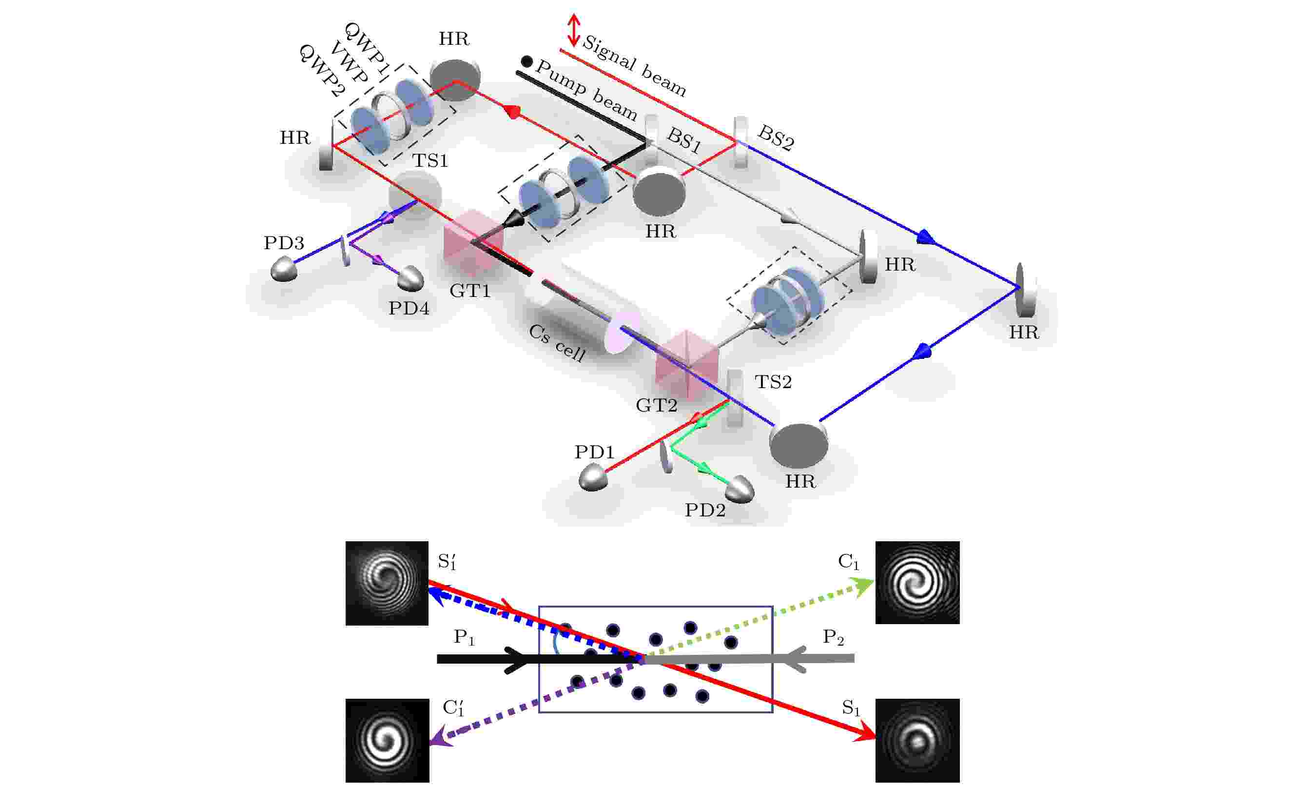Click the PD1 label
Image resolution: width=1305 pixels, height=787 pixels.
(x=594, y=452)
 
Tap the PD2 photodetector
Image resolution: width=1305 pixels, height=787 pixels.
(x=740, y=490)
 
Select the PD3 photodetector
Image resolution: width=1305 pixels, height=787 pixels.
(x=284, y=269)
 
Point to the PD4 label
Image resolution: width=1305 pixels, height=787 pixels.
(x=409, y=308)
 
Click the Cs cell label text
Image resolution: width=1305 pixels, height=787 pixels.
(x=557, y=343)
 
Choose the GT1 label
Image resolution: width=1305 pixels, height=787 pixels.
(x=470, y=290)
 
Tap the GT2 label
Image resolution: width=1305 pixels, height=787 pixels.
(x=656, y=405)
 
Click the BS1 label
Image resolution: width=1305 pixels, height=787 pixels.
(x=684, y=140)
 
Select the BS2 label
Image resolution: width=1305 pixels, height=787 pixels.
(x=776, y=138)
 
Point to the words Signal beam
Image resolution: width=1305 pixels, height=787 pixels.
(x=634, y=66)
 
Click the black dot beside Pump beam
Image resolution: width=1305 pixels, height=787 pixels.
(x=526, y=61)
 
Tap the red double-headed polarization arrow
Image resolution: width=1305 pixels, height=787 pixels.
(x=574, y=30)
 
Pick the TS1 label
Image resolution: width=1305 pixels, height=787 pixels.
(x=429, y=160)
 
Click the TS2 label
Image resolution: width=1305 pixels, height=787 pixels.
(x=773, y=381)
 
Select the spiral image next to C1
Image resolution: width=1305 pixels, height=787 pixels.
(x=917, y=582)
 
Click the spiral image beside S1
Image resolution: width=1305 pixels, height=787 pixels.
(x=917, y=740)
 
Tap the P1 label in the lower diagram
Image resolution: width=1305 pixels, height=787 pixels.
(x=464, y=638)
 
